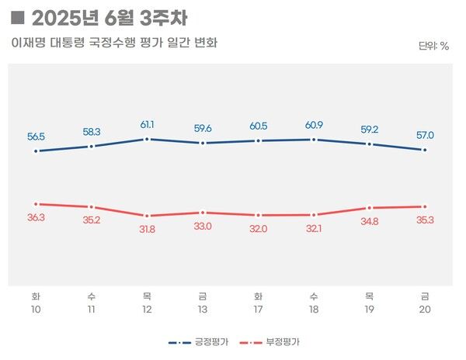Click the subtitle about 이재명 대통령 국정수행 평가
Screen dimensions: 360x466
coord(114,43)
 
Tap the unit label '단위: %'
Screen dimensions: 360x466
coord(433,46)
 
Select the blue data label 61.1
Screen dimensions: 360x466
coord(147,124)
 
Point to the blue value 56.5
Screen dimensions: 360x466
coord(37,137)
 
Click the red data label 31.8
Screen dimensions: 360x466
coord(147,229)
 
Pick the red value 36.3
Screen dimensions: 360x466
coord(37,218)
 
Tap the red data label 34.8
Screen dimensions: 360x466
coord(368,222)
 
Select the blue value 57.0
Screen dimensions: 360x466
coord(424,135)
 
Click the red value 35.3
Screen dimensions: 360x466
coord(424,220)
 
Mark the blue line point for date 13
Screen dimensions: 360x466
coord(203,143)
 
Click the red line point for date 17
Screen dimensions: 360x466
coord(258,215)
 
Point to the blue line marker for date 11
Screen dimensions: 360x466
coord(92,146)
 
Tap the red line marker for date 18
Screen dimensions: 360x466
coord(313,215)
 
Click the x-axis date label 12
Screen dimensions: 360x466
coord(147,310)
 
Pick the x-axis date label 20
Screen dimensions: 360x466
coord(424,310)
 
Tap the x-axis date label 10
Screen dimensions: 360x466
coord(37,310)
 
